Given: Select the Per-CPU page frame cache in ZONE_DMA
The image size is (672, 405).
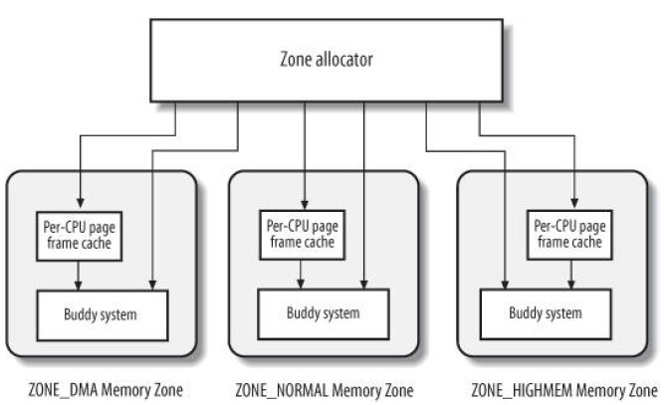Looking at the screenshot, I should (x=78, y=235).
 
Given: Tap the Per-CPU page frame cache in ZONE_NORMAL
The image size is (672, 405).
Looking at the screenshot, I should (x=302, y=235).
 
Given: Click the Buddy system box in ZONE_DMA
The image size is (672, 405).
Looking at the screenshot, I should (x=102, y=315).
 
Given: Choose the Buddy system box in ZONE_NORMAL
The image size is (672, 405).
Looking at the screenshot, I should (x=324, y=315).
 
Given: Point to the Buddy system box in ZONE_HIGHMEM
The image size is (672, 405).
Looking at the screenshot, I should (x=546, y=315).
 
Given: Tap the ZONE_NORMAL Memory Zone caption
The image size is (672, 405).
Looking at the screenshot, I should (x=324, y=388).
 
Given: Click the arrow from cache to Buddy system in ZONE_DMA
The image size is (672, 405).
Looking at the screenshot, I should (x=78, y=277).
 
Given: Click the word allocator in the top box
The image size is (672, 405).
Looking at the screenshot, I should (x=352, y=59).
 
